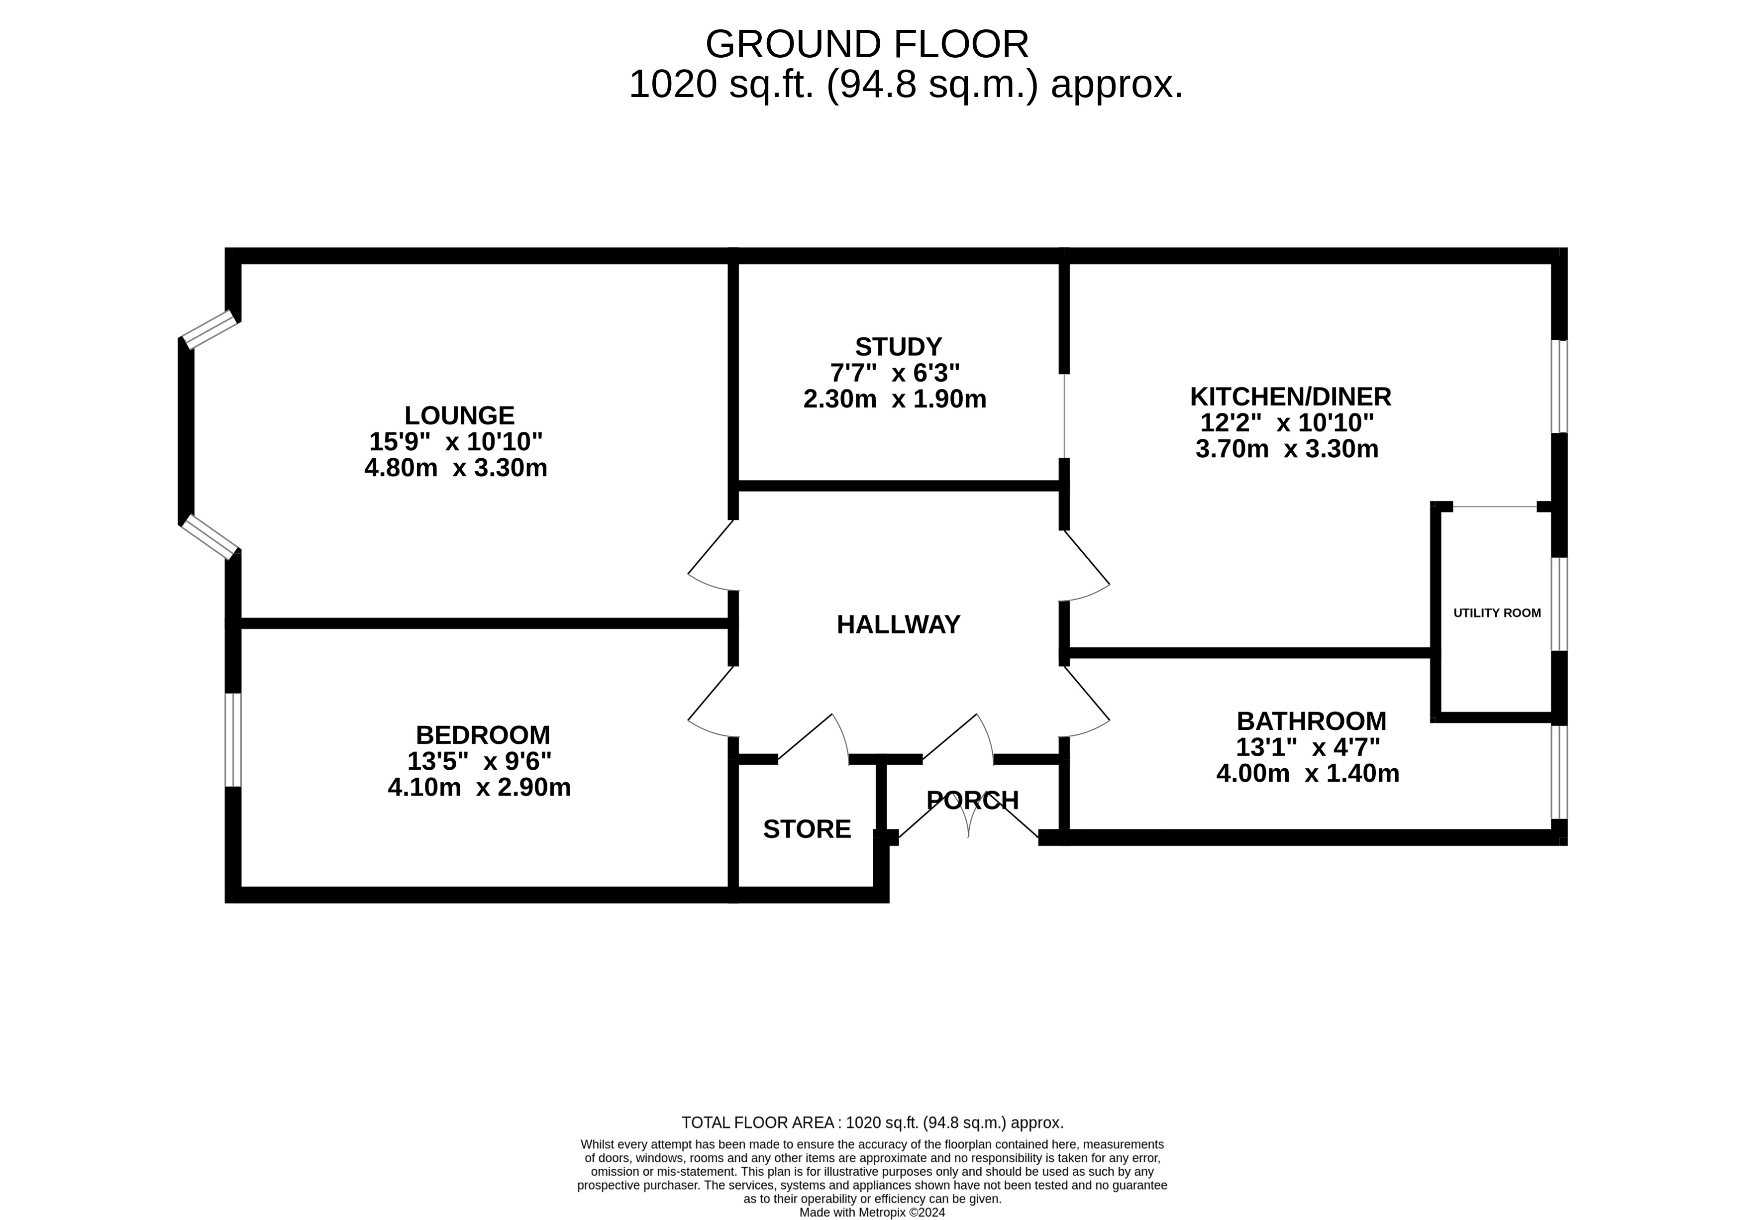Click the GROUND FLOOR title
[867, 44]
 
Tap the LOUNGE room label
[459, 415]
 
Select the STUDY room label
[898, 347]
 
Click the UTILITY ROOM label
[1497, 612]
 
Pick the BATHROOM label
[1311, 720]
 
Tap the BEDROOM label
[483, 734]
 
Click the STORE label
[807, 828]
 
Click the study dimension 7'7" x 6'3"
[895, 373]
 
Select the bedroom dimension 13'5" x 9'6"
[480, 760]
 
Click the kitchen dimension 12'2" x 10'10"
[1287, 422]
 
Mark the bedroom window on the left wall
[233, 739]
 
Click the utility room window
[1559, 605]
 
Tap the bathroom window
[1559, 772]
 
